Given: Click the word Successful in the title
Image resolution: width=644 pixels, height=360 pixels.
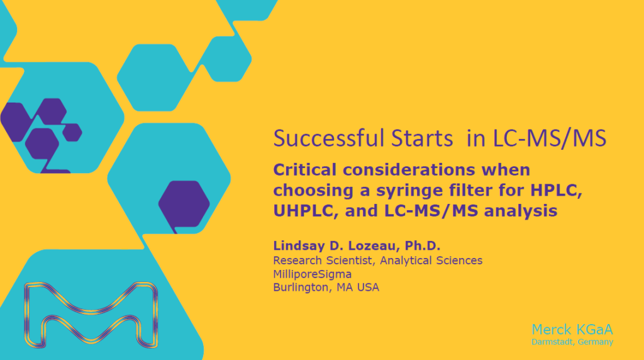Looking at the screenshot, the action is click(x=329, y=138).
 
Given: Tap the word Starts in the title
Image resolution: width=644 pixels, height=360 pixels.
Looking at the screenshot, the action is click(x=422, y=138).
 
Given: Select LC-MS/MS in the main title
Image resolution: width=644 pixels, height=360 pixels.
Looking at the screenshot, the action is click(x=549, y=138).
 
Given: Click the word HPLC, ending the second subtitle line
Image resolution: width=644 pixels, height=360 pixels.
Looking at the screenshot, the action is click(x=556, y=190).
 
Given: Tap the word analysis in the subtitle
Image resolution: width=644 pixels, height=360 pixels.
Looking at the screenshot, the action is click(x=520, y=211).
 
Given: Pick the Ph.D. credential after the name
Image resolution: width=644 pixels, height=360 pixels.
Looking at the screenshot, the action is click(x=422, y=245).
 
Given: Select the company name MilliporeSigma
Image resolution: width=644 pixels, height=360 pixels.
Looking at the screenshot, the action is click(x=312, y=274).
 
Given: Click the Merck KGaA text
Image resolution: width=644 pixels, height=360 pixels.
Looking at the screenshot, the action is click(x=572, y=330).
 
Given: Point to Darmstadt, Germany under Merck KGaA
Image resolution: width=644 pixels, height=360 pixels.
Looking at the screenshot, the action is click(x=572, y=342).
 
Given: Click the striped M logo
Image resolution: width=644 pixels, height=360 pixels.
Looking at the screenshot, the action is click(x=91, y=314).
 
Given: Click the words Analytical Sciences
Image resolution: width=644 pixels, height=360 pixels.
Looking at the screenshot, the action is click(x=431, y=261).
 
